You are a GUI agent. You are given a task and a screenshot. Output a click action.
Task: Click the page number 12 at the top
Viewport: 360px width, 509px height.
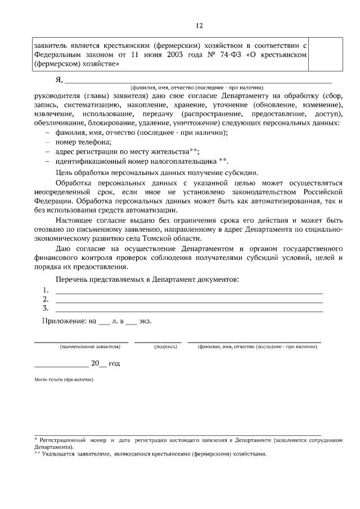[199, 25]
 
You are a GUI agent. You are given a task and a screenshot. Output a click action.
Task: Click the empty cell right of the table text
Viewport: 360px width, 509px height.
[326, 55]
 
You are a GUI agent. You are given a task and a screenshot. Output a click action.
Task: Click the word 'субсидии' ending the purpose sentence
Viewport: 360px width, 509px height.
[245, 173]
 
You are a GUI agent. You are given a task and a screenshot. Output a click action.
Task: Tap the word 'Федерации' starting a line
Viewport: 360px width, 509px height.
[53, 200]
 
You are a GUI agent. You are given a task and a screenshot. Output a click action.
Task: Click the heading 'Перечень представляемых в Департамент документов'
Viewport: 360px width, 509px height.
[147, 280]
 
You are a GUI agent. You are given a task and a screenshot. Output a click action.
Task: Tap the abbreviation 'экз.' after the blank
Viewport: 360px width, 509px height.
[146, 321]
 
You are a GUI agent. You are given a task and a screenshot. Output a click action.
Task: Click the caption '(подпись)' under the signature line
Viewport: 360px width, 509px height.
[166, 347]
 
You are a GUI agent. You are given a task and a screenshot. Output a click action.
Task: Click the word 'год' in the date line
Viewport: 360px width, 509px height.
[114, 363]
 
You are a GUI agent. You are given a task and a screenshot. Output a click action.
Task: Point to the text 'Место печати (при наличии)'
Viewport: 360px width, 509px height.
[64, 380]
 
